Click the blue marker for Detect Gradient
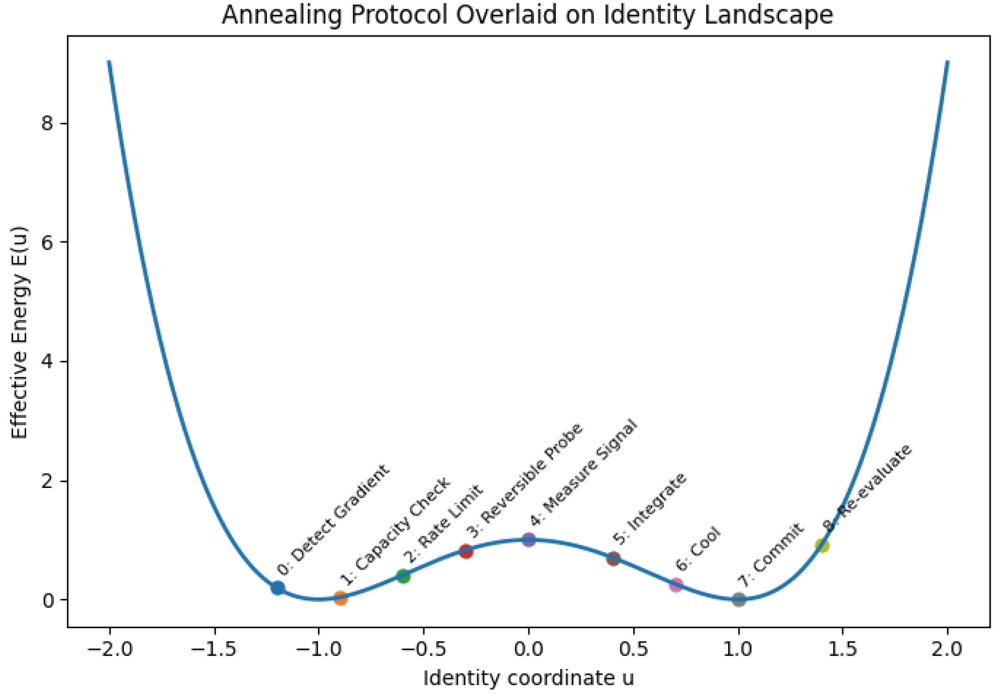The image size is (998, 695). tap(277, 588)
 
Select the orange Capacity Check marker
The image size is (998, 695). tap(341, 598)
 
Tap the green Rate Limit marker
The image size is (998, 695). tap(403, 576)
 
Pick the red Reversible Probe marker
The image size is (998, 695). tap(466, 551)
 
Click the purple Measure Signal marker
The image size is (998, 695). tap(529, 540)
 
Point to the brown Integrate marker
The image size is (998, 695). tap(613, 559)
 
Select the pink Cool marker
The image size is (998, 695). tap(676, 585)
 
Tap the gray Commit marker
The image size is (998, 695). tap(738, 599)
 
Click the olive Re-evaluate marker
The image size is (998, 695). tap(822, 545)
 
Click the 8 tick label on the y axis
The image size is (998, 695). tap(47, 124)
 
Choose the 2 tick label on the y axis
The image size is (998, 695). tap(47, 481)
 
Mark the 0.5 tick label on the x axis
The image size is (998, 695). tap(633, 650)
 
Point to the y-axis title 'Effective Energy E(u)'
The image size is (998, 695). tap(19, 333)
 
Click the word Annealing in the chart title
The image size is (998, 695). tap(283, 16)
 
